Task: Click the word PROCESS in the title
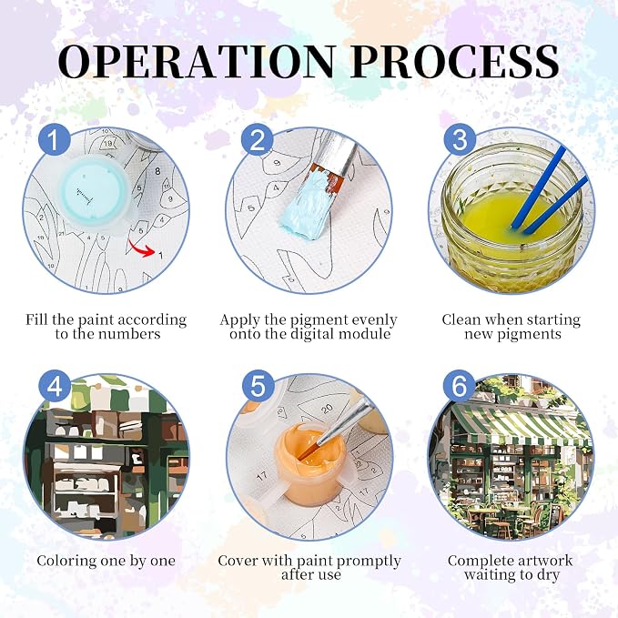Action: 454,61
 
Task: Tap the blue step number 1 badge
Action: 54,139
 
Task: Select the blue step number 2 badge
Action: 258,139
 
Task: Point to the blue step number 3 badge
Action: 460,139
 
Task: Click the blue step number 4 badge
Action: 55,386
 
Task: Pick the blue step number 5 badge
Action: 258,386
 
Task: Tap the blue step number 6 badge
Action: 460,386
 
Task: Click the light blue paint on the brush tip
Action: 304,207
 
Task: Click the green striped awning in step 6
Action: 521,427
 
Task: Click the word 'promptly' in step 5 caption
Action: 369,562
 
